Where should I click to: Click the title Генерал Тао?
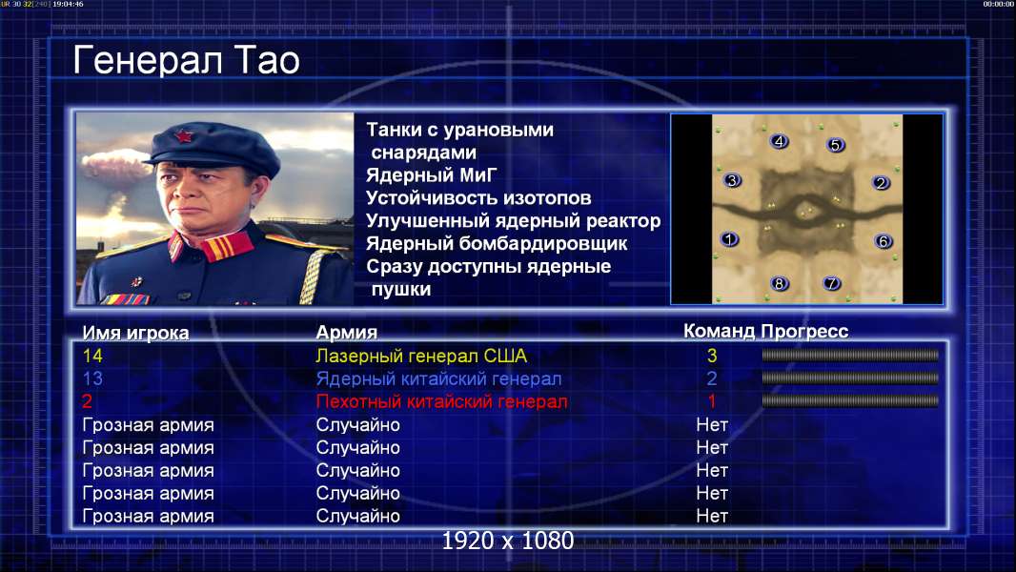coord(187,60)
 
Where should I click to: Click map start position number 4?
coord(779,141)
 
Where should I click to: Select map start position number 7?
coord(831,283)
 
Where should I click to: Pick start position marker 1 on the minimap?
coord(729,239)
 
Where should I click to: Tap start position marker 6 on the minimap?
coord(884,241)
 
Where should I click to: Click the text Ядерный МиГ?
coord(431,174)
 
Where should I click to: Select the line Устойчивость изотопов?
coord(478,197)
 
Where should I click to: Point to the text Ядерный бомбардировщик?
coord(497,243)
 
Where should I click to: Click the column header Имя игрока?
coord(135,333)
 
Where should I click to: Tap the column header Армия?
coord(346,333)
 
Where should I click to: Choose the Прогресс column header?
coord(804,331)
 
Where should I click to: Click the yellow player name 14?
coord(92,356)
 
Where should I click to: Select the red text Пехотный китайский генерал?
coord(441,401)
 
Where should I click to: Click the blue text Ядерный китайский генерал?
coord(438,379)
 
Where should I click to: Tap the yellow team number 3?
coord(711,356)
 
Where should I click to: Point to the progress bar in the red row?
coord(850,401)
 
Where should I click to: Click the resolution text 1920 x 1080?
coord(507,541)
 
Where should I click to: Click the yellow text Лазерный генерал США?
coord(421,356)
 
